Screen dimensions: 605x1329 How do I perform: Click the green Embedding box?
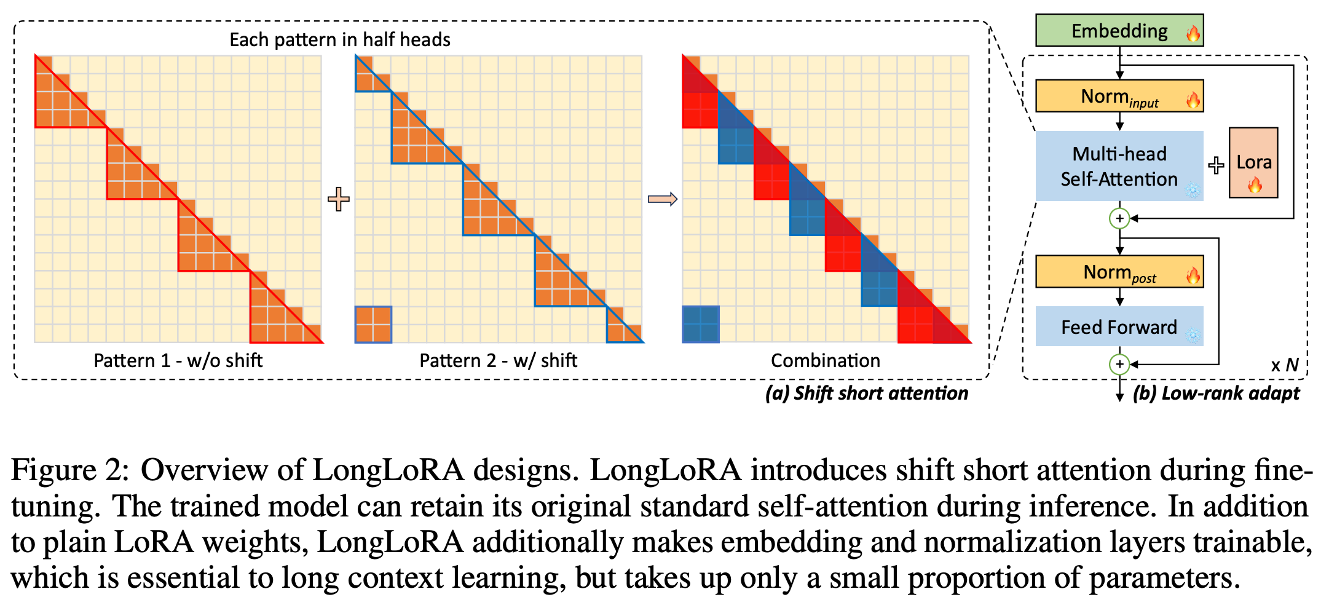coord(1118,31)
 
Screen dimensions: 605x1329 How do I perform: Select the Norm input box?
coord(1118,97)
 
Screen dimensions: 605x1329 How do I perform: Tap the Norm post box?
coord(1118,272)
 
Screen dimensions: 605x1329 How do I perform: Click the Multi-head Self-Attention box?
coord(1118,166)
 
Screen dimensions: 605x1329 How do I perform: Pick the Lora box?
coord(1253,163)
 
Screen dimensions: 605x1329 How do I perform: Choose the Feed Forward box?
coord(1118,326)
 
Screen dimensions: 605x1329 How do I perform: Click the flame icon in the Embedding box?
coord(1193,33)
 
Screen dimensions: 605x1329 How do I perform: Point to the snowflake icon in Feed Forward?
coord(1193,335)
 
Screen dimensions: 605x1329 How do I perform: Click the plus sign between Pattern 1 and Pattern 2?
coord(338,199)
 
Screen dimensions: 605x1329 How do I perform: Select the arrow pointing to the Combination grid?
coord(662,199)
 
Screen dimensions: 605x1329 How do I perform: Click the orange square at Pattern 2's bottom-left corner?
coord(373,325)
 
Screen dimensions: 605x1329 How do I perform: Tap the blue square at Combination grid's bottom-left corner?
coord(700,325)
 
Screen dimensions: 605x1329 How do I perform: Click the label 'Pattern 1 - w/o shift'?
coord(178,360)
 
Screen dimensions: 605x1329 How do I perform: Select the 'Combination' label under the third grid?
coord(825,360)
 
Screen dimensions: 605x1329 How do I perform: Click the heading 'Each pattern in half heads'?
coord(339,40)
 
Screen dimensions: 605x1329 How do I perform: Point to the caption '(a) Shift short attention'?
coord(866,393)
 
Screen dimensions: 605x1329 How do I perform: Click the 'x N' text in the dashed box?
coord(1284,365)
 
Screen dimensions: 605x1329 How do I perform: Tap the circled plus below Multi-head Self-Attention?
coord(1119,218)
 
